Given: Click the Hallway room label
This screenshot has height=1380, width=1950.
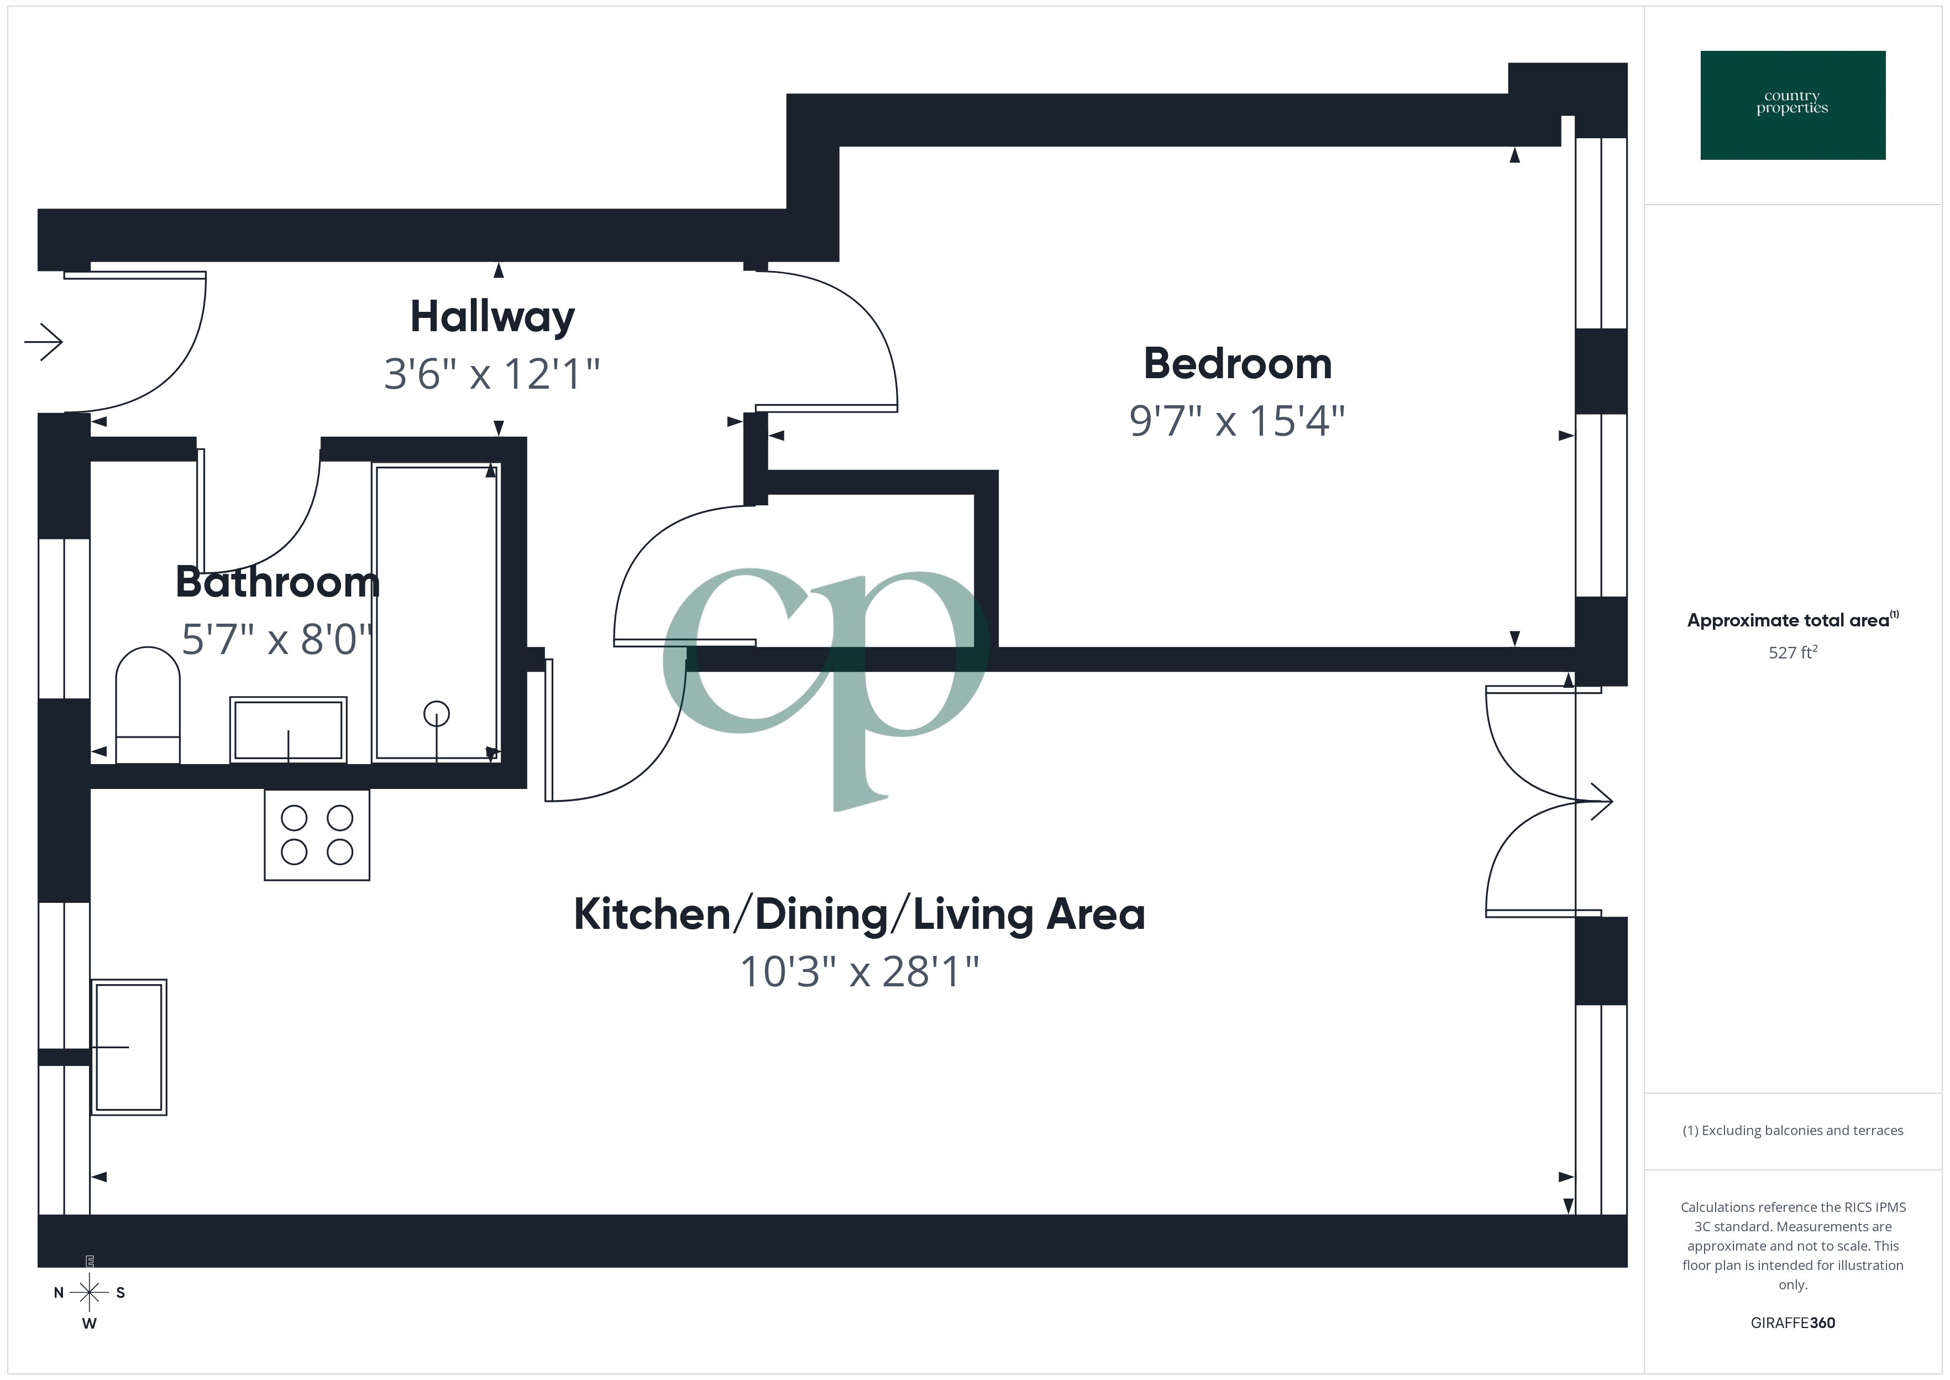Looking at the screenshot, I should pyautogui.click(x=492, y=317).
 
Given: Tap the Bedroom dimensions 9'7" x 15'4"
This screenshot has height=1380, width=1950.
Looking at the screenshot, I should pyautogui.click(x=1236, y=421).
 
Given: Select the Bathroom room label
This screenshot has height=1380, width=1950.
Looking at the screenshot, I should pyautogui.click(x=277, y=582).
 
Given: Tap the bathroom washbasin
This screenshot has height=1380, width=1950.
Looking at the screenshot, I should pyautogui.click(x=289, y=730).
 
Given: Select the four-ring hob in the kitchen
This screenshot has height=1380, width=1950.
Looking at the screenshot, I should pyautogui.click(x=317, y=834).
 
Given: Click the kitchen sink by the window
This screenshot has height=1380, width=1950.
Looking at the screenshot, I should pyautogui.click(x=129, y=1047).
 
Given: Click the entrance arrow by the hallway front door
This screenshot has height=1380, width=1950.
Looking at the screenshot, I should pyautogui.click(x=44, y=342).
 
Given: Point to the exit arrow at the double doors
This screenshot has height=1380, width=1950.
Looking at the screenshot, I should pyautogui.click(x=1597, y=801).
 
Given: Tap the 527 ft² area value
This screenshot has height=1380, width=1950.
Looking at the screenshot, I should pyautogui.click(x=1792, y=652).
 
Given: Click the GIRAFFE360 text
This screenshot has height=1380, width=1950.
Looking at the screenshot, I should pyautogui.click(x=1792, y=1322).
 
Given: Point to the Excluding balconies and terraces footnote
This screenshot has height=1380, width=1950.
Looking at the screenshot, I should pyautogui.click(x=1792, y=1130).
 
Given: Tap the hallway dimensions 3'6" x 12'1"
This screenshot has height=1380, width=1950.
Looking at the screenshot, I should pyautogui.click(x=492, y=374).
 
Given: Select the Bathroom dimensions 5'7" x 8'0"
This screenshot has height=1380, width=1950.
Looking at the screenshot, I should pyautogui.click(x=277, y=640).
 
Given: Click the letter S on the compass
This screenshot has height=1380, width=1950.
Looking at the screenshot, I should pyautogui.click(x=120, y=1293).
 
